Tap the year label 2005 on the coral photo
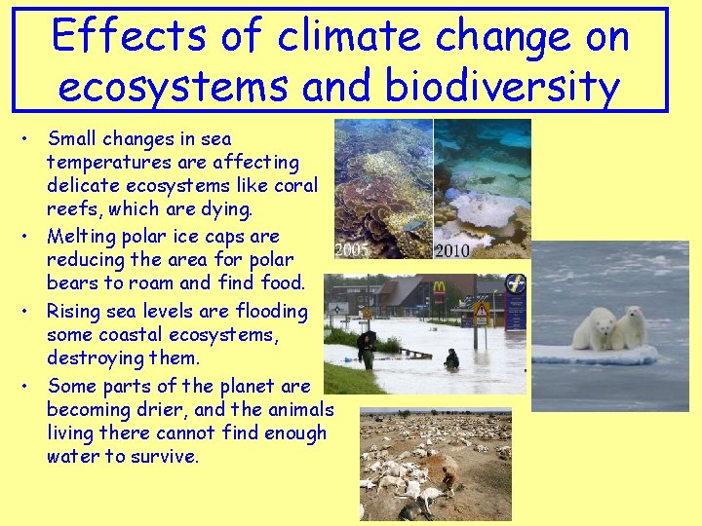(x=352, y=250)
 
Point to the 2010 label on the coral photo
(x=451, y=251)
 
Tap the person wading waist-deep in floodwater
(x=451, y=359)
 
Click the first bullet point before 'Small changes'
(x=33, y=140)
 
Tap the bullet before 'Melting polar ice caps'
(x=33, y=237)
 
